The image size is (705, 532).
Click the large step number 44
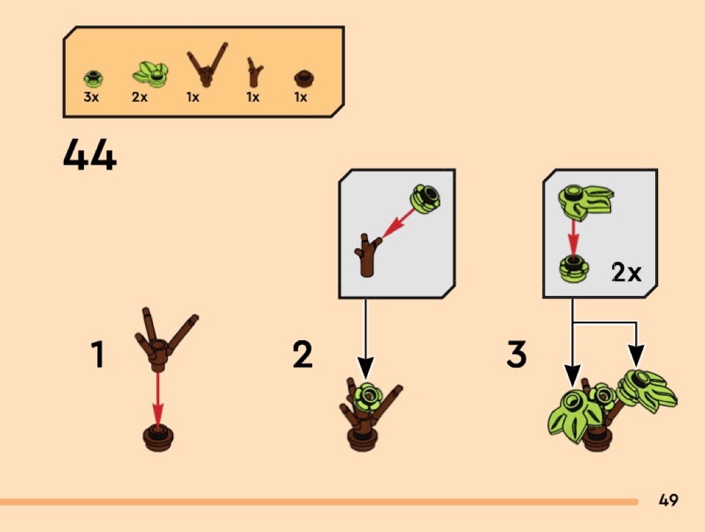90,154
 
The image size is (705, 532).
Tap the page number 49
668,500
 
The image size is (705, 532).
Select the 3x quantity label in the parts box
91,97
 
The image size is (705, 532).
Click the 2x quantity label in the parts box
140,97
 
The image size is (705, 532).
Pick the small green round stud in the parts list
93,78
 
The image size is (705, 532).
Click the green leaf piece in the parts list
150,74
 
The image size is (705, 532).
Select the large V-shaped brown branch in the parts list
207,65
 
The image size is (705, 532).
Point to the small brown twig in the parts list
255,72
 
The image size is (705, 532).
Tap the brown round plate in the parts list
304,78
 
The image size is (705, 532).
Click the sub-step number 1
97,354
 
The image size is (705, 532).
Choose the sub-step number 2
303,354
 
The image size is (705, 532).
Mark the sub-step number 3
516,354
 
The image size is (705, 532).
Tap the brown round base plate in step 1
158,437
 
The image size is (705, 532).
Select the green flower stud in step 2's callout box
425,198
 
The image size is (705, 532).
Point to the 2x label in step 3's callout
626,272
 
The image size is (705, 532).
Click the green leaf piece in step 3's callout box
585,201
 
